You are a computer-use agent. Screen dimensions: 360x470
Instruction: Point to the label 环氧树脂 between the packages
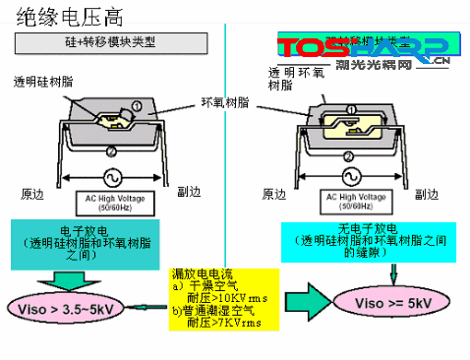pos(224,101)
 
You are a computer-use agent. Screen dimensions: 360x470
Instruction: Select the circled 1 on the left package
pos(136,105)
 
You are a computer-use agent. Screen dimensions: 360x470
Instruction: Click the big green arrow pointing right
pos(313,305)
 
